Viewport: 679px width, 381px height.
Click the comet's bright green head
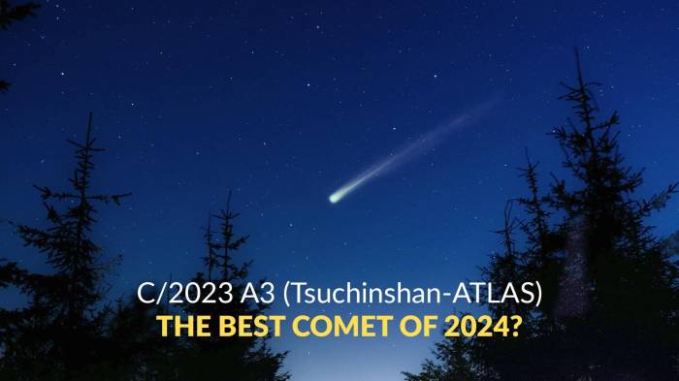(x=336, y=197)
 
